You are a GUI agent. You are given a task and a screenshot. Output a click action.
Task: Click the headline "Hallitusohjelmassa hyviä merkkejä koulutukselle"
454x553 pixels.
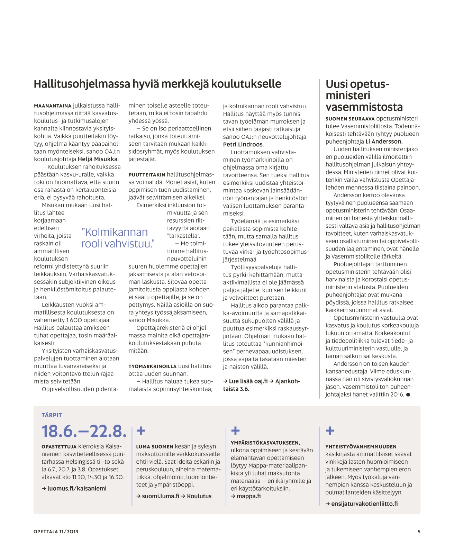point(157,84)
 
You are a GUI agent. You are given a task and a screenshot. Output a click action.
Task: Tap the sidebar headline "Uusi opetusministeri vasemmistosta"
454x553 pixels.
point(364,96)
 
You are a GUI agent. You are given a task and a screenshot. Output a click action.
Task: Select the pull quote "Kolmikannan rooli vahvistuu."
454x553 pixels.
point(118,238)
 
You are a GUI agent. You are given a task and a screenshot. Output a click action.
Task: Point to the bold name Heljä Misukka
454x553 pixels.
point(98,159)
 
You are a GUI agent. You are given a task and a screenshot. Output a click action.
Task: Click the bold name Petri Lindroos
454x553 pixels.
point(243,144)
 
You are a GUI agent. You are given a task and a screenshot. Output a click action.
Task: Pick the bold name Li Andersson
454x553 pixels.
point(384,141)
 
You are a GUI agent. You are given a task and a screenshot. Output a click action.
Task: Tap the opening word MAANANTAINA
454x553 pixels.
point(53,106)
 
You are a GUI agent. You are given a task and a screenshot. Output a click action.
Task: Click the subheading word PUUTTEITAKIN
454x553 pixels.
point(147,175)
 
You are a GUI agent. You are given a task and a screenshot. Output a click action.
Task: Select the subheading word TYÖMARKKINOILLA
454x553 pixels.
point(152,366)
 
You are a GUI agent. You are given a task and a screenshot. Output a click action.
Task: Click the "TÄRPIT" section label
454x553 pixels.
point(52,415)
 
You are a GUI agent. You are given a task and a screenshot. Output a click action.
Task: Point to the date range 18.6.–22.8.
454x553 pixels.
point(84,431)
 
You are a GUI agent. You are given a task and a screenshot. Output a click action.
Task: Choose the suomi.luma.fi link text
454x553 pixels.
point(161,496)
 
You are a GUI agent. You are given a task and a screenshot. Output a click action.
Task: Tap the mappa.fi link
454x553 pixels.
point(248,496)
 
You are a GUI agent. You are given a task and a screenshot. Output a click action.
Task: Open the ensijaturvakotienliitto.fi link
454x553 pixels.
point(364,504)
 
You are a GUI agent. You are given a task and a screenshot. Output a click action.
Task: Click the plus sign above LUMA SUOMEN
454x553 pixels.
point(140,430)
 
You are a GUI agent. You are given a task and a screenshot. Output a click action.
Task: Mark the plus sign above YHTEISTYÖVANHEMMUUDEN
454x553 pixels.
point(330,430)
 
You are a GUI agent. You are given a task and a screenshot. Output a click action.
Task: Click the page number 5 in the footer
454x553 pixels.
point(419,532)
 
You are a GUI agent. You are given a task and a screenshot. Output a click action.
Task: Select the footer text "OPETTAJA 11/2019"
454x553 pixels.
point(56,532)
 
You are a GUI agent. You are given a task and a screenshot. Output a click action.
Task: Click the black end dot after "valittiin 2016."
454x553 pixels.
point(408,395)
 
